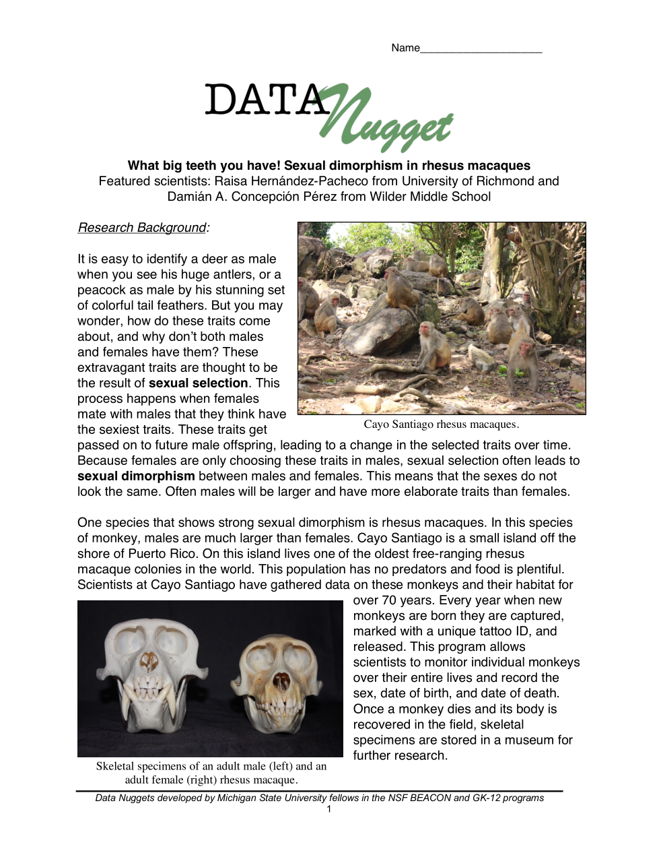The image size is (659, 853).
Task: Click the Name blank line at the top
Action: tap(481, 49)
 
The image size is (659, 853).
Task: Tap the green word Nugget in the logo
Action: tap(390, 121)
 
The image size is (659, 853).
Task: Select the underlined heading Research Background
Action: tap(142, 228)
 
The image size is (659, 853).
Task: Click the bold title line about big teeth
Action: tap(328, 166)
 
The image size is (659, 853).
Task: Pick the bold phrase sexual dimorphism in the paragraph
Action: tap(136, 476)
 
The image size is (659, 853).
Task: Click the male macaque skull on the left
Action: tap(149, 674)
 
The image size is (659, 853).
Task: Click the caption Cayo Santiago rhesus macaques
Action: tap(441, 424)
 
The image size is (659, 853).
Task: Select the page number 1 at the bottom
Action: tap(329, 809)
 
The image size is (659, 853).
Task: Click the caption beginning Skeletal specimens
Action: tap(211, 773)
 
